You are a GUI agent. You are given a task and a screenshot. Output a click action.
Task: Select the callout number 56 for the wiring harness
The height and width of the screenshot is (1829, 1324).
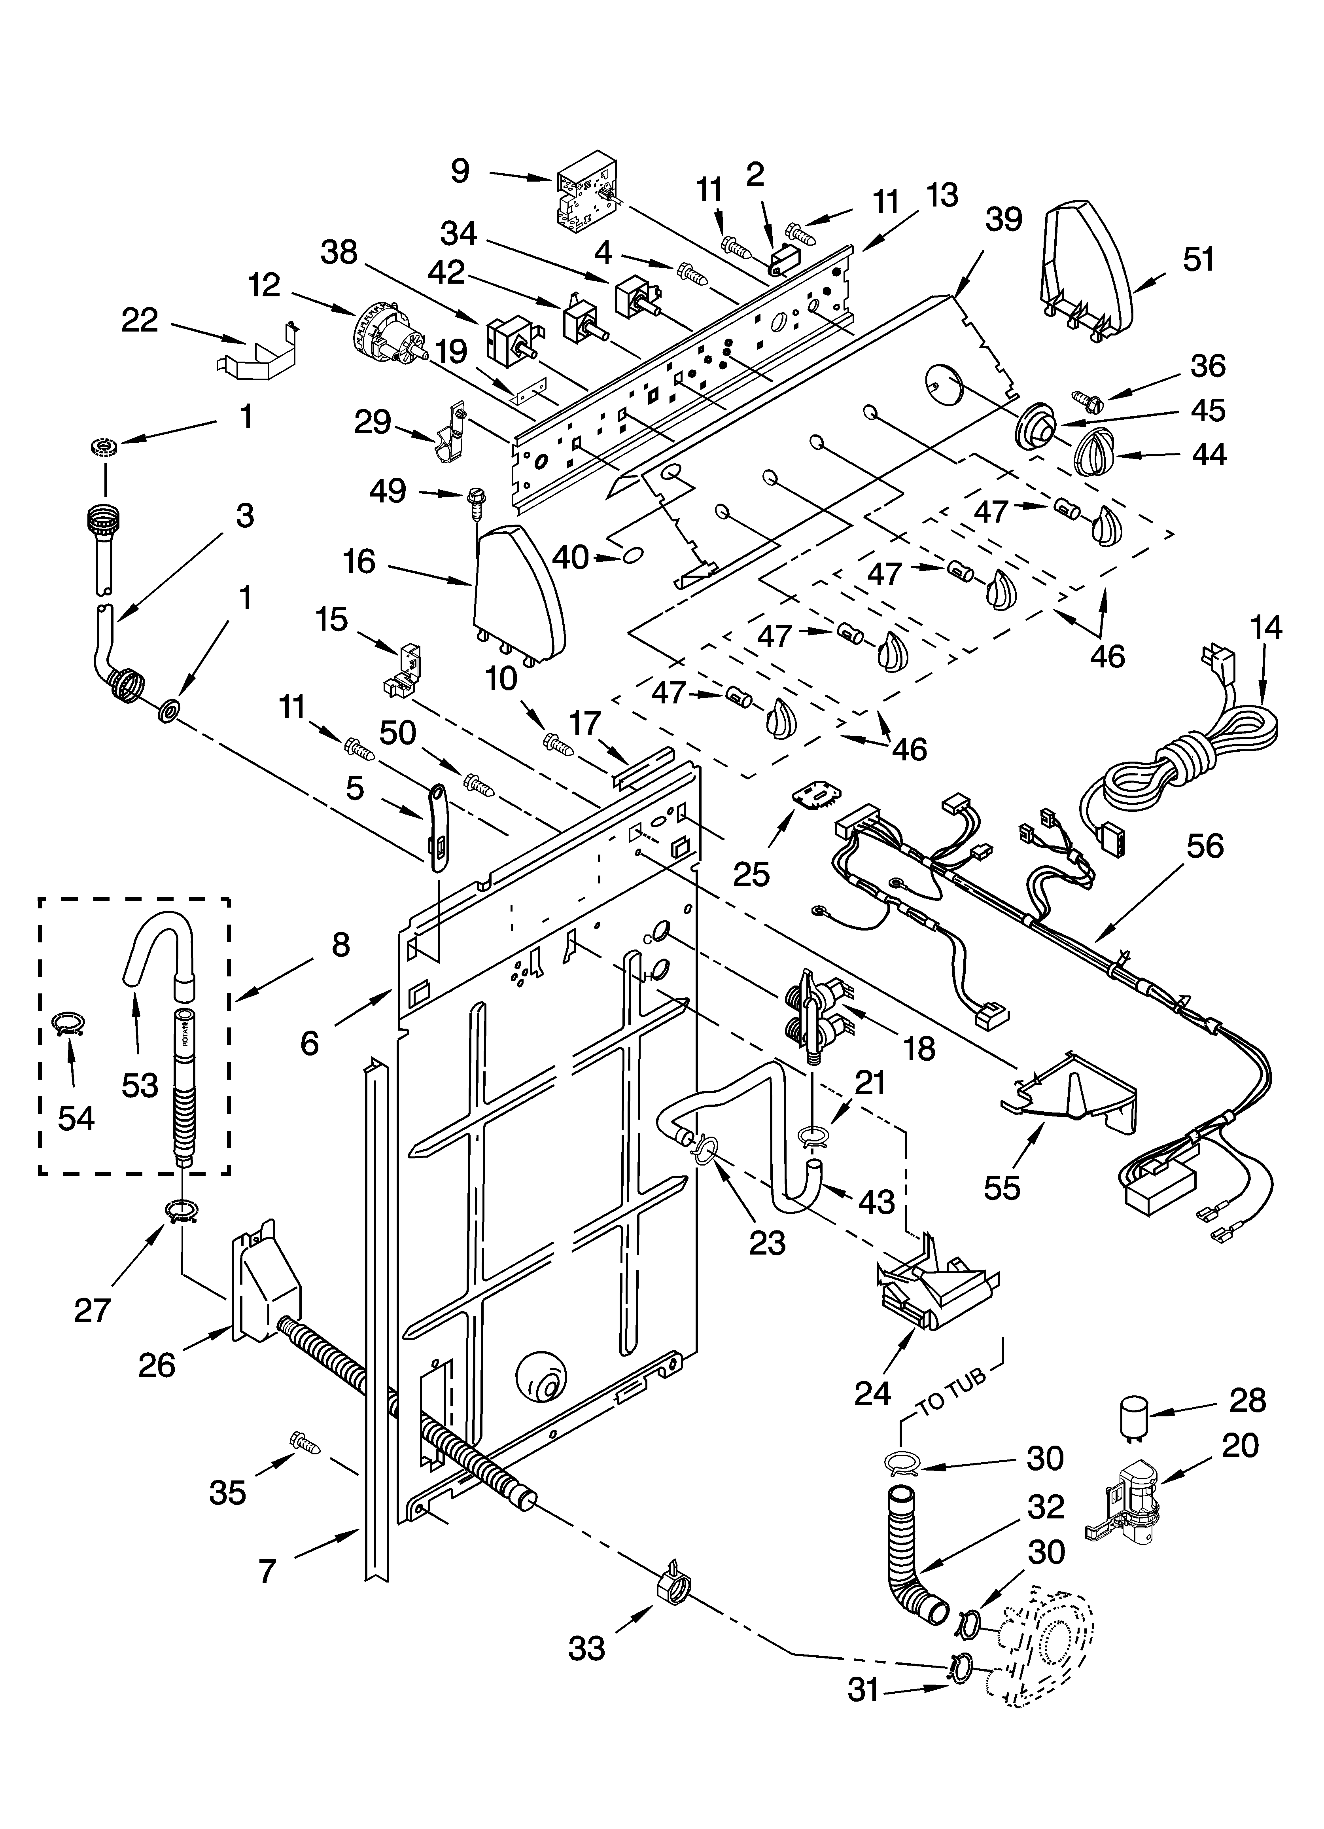click(x=1205, y=847)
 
